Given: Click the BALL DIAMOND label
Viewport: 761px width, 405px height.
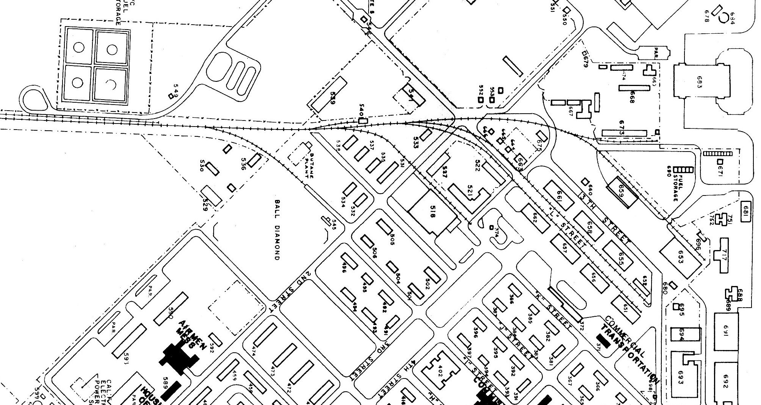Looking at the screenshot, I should pos(277,230).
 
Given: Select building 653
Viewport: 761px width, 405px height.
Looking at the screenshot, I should pos(680,255).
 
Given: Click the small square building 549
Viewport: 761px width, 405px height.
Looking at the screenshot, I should pos(171,96).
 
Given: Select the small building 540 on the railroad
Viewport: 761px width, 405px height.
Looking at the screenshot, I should pos(363,121).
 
